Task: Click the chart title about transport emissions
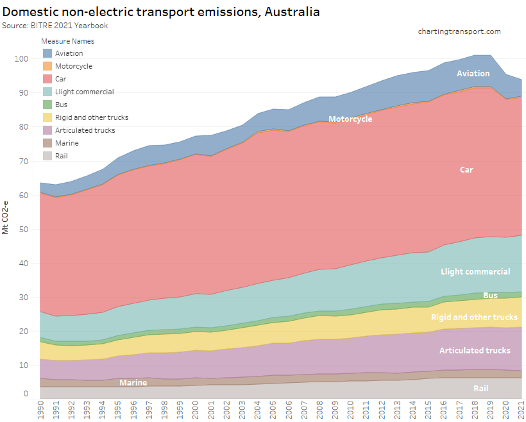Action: point(161,12)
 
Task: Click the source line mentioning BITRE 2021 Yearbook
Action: point(55,25)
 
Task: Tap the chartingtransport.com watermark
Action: point(459,31)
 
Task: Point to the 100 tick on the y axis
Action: point(21,59)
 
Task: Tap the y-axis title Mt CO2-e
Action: point(6,219)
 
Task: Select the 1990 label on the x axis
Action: point(41,408)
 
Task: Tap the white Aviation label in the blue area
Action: point(473,74)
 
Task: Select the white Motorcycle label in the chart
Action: point(350,119)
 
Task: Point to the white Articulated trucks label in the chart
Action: point(475,350)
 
